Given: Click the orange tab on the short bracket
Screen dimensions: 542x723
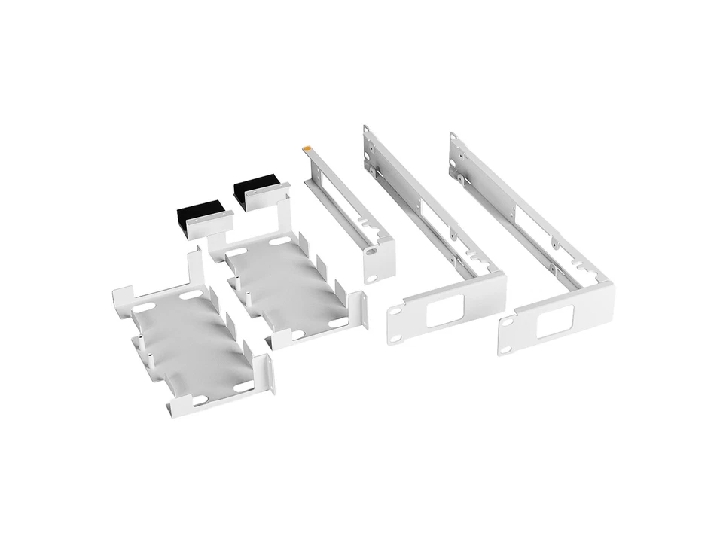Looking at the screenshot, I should coord(306,148).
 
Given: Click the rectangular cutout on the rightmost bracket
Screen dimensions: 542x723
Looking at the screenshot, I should coord(555,321).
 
